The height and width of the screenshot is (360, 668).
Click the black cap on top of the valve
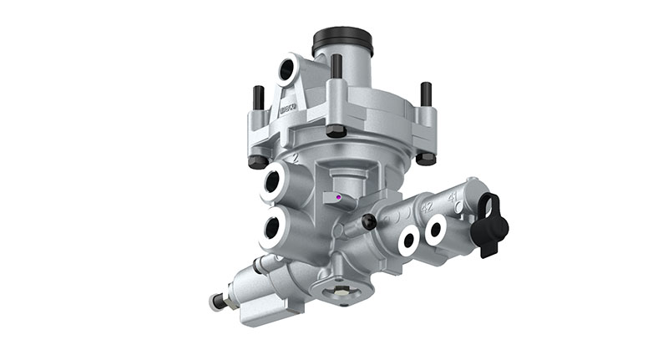[342, 40]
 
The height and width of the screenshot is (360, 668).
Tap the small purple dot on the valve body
[337, 198]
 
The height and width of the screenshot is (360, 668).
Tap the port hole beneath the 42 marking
[407, 241]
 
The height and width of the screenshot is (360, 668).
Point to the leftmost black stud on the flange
[258, 98]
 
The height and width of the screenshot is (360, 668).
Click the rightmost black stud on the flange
[426, 94]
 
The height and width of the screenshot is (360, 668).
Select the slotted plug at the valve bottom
[338, 292]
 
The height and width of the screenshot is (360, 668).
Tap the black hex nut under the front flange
[336, 131]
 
